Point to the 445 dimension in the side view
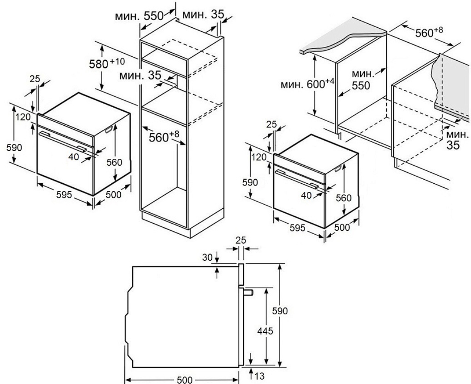(265, 331)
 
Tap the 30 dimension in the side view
(207, 257)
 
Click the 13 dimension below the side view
(260, 376)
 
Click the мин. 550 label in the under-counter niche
(363, 79)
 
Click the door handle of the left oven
(62, 141)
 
